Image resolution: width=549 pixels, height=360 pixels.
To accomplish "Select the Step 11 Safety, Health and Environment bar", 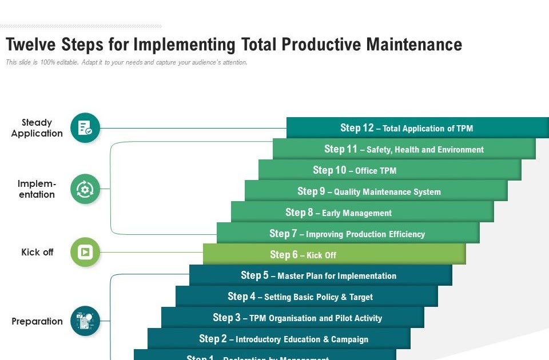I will (404, 149).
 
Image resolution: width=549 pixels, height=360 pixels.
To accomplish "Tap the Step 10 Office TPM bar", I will (389, 170).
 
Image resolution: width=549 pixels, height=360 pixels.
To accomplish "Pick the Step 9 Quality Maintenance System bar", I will (376, 191).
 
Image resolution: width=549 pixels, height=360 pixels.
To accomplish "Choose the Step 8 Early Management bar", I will (361, 213).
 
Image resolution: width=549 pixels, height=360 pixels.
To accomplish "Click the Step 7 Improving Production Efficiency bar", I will (347, 234).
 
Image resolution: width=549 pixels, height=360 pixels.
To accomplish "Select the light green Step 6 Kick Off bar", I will (334, 255).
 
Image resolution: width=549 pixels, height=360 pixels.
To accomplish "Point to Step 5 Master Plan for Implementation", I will (320, 275).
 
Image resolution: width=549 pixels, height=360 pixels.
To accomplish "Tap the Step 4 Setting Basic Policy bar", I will (306, 297).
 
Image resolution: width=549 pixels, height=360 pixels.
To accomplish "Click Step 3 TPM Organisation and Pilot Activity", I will (292, 318).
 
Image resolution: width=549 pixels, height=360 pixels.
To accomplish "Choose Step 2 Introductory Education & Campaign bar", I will (279, 339).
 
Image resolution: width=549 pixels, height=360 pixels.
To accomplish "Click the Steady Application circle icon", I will (85, 128).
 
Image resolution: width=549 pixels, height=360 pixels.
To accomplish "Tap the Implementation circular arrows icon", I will (85, 189).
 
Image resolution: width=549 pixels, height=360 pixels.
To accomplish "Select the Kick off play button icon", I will (85, 252).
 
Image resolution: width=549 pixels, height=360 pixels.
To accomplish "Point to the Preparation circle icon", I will (85, 321).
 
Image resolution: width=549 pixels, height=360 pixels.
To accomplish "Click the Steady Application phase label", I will (37, 128).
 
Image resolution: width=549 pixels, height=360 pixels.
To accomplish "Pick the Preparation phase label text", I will (37, 321).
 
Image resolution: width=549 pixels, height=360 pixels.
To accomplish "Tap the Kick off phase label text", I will (37, 252).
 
